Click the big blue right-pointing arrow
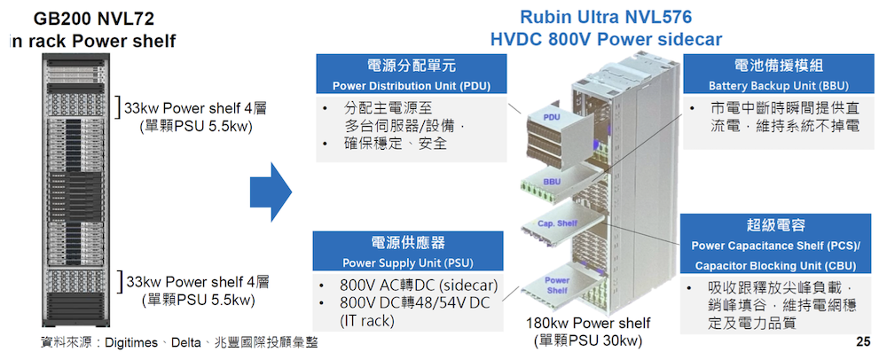pos(271,192)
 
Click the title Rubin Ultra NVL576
pos(606,17)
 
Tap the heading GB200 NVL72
pos(93,20)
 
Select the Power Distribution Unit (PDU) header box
pos(412,74)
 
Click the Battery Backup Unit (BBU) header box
pos(778,74)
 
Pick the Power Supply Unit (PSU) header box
pos(408,251)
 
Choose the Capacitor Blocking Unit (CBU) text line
pos(775,266)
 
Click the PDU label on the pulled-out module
pos(552,117)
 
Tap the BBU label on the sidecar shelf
pos(552,182)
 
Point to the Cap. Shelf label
pos(557,223)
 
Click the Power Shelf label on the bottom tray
pos(557,286)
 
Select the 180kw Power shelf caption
pos(588,324)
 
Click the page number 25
pos(863,342)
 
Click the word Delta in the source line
pos(186,342)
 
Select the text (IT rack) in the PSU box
pos(366,321)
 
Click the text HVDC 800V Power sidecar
pos(606,40)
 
